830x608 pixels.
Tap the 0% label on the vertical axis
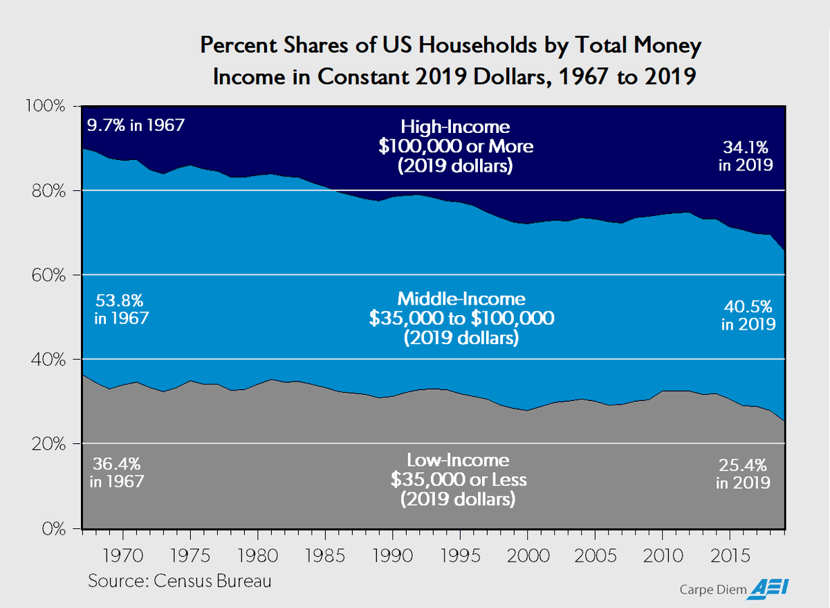coord(56,529)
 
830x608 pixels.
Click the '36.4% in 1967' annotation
coord(118,472)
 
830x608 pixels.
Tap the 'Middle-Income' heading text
coord(461,299)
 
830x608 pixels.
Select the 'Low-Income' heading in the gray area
coord(458,461)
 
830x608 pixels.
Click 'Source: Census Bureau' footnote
coord(180,580)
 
